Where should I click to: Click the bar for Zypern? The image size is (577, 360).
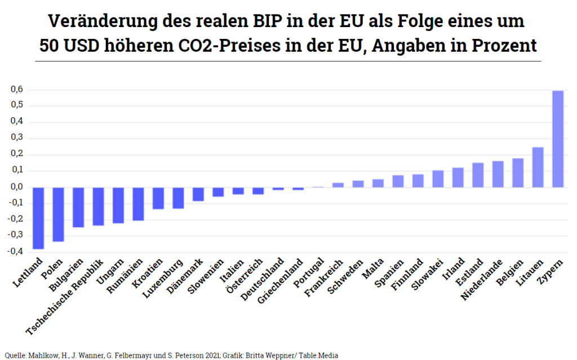point(557,139)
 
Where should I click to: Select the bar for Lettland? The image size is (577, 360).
point(38,217)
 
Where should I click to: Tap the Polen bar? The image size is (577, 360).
point(58,214)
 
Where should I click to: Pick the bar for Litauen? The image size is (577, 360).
point(538,167)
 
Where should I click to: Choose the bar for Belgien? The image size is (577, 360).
point(518,172)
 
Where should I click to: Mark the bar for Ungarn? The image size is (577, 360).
point(118,205)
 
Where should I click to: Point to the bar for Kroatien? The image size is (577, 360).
point(158,198)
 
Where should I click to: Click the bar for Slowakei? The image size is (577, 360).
point(438,179)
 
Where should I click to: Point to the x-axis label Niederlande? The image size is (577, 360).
point(482,279)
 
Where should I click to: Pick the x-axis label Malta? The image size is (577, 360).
point(374,269)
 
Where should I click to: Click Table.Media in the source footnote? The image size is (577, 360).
point(319,355)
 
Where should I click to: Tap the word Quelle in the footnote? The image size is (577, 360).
point(13,355)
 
